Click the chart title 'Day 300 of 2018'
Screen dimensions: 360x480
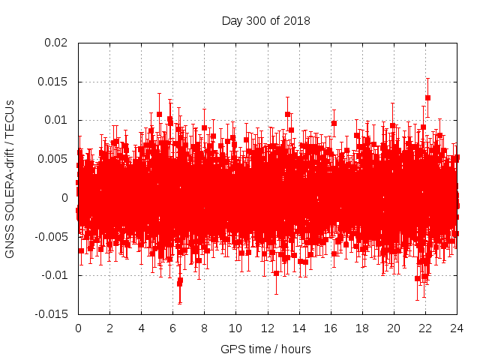265,20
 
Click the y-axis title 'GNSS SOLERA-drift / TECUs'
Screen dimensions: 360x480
10,178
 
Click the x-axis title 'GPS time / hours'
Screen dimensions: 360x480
265,349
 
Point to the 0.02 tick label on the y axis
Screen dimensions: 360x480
55,43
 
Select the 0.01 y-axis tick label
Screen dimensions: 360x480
55,120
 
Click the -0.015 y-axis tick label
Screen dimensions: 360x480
51,314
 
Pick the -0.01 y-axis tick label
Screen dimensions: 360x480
54,275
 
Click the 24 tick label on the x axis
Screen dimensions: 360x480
456,328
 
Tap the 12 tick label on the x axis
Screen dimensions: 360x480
267,328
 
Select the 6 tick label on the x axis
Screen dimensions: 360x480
172,328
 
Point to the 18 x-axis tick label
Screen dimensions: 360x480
361,328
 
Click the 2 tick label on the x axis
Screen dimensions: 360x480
109,328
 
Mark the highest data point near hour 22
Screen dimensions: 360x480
427,97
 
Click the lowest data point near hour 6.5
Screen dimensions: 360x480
180,281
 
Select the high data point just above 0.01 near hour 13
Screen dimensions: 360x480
287,115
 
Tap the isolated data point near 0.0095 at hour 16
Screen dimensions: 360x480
334,123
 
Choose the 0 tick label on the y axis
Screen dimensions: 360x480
64,198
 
